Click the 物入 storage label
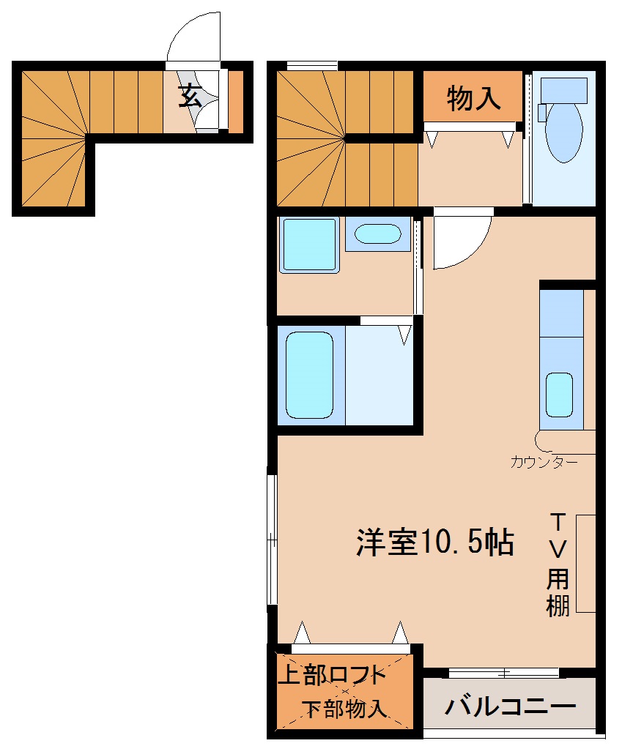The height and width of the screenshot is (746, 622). click(473, 98)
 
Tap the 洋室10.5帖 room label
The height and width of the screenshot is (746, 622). click(434, 542)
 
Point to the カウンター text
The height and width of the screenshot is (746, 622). click(544, 462)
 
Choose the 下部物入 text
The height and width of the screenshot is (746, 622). click(344, 709)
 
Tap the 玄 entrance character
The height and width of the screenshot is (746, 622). click(190, 96)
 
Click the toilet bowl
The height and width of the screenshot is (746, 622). click(563, 132)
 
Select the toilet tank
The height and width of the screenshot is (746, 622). click(563, 90)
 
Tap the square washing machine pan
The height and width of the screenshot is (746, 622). click(308, 245)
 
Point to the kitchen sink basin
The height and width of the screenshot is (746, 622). click(559, 395)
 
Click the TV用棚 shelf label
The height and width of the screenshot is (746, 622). click(558, 564)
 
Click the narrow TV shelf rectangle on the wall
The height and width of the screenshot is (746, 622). click(585, 563)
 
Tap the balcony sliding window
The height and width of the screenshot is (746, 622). click(503, 672)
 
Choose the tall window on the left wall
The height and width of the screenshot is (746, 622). click(272, 540)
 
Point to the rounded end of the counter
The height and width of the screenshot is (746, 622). click(544, 440)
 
